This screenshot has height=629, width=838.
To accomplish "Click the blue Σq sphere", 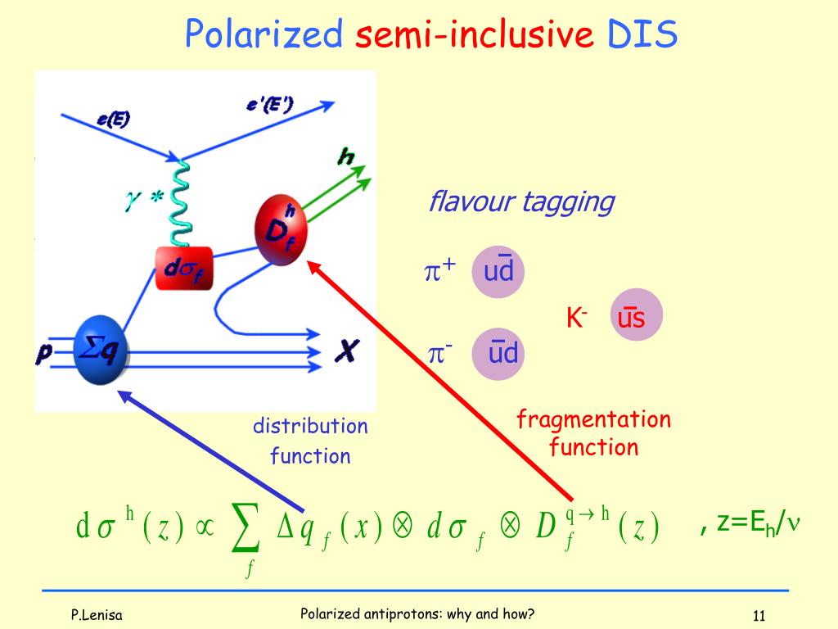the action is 100,350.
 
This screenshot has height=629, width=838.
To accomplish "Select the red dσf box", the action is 184,268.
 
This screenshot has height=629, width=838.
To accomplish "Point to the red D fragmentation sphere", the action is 282,230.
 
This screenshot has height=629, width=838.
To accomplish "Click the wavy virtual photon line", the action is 181,203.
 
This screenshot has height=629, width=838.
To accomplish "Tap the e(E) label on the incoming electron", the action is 113,119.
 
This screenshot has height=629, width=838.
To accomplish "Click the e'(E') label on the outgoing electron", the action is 270,104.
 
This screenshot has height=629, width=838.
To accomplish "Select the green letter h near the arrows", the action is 346,156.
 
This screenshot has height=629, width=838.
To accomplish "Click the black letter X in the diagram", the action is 347,351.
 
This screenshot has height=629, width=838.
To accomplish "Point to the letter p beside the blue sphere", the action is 44,353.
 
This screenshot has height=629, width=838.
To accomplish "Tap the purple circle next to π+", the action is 498,272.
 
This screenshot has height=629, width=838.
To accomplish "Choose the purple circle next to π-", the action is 498,354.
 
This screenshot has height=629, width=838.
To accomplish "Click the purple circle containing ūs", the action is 637,315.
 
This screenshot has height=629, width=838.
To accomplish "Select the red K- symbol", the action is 577,318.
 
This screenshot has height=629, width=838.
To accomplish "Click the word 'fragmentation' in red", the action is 594,419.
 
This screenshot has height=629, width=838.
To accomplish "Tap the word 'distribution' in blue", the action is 310,426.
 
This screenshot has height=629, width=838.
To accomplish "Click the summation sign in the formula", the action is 246,528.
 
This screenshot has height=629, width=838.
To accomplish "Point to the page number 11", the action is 759,616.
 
